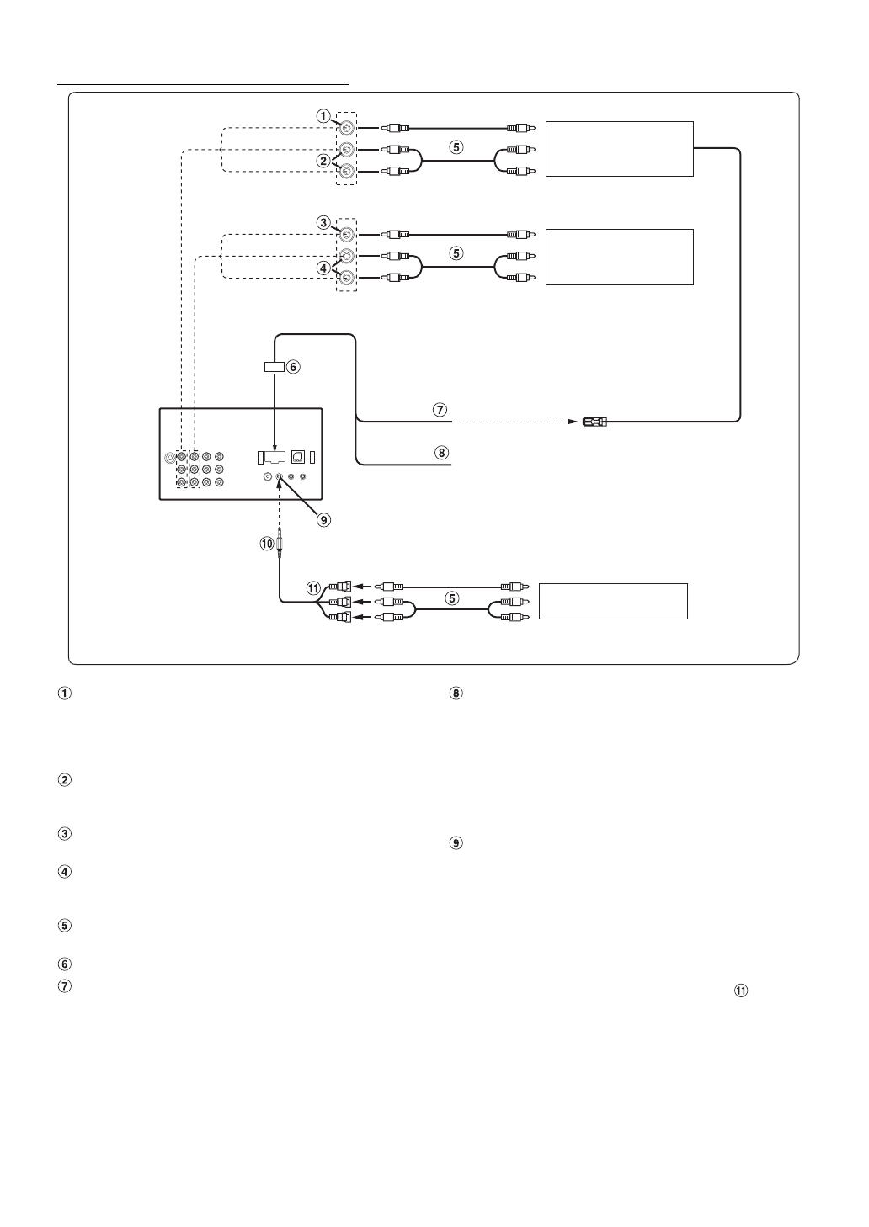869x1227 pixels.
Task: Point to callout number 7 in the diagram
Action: (438, 410)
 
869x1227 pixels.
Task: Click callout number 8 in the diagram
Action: (438, 453)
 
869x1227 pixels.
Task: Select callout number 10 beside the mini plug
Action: (267, 544)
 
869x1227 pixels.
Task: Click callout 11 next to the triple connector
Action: (314, 587)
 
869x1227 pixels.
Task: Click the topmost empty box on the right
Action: (619, 149)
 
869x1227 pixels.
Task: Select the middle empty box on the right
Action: (619, 257)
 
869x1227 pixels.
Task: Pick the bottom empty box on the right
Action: (613, 601)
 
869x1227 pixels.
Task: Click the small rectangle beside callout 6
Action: (273, 367)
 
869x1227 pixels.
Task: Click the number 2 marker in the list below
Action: (63, 780)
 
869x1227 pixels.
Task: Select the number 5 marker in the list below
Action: (63, 926)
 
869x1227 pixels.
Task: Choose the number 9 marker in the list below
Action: (456, 842)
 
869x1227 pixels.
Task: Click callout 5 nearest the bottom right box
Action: (453, 599)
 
